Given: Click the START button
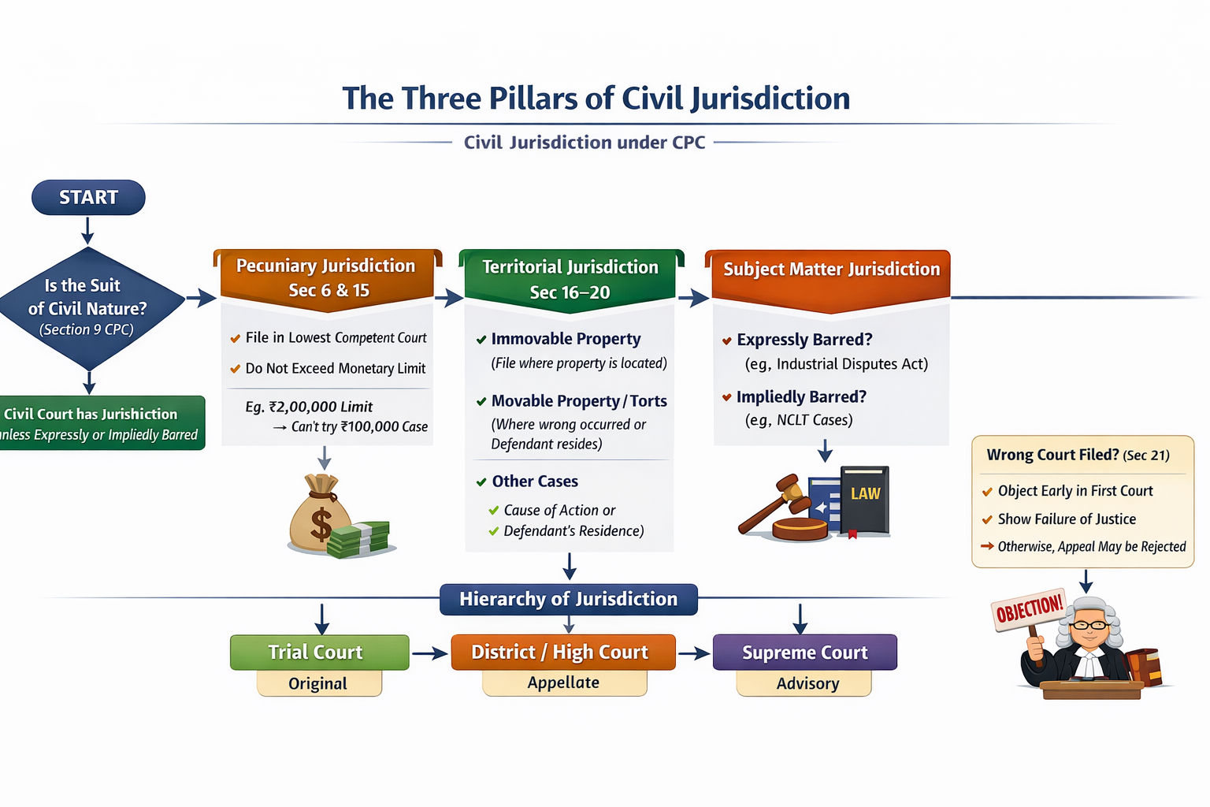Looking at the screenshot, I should pos(88,197).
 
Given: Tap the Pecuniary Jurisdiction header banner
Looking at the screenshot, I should pos(326,277).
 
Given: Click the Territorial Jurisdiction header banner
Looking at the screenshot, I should pos(570,280).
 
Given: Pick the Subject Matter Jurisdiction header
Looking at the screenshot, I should pos(831,270).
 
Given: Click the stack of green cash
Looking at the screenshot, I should pos(360,539).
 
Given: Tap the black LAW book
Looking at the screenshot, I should pos(864,501).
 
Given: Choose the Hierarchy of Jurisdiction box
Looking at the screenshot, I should pos(568,599).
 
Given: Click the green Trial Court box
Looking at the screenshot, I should pos(319,653).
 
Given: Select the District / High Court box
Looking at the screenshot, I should pos(562,653).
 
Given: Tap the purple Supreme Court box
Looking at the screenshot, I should pos(804,653).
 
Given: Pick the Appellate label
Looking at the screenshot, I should pos(564,682).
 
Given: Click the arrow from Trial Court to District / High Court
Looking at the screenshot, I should pos(430,653).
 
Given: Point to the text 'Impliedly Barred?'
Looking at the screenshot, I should pos(801,396).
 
